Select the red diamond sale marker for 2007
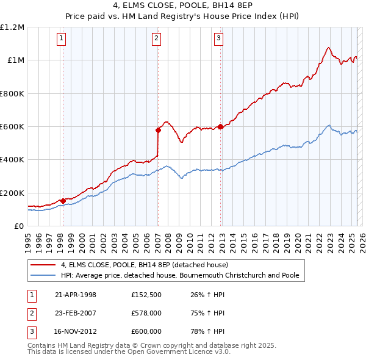tap(158, 130)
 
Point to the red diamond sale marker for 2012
tap(220, 127)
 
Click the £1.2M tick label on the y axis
tap(12, 27)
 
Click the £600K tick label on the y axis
tap(12, 127)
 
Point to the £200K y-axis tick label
tap(12, 193)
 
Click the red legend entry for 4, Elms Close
tap(144, 265)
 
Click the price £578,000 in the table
tap(146, 313)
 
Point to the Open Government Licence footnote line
tap(129, 352)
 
